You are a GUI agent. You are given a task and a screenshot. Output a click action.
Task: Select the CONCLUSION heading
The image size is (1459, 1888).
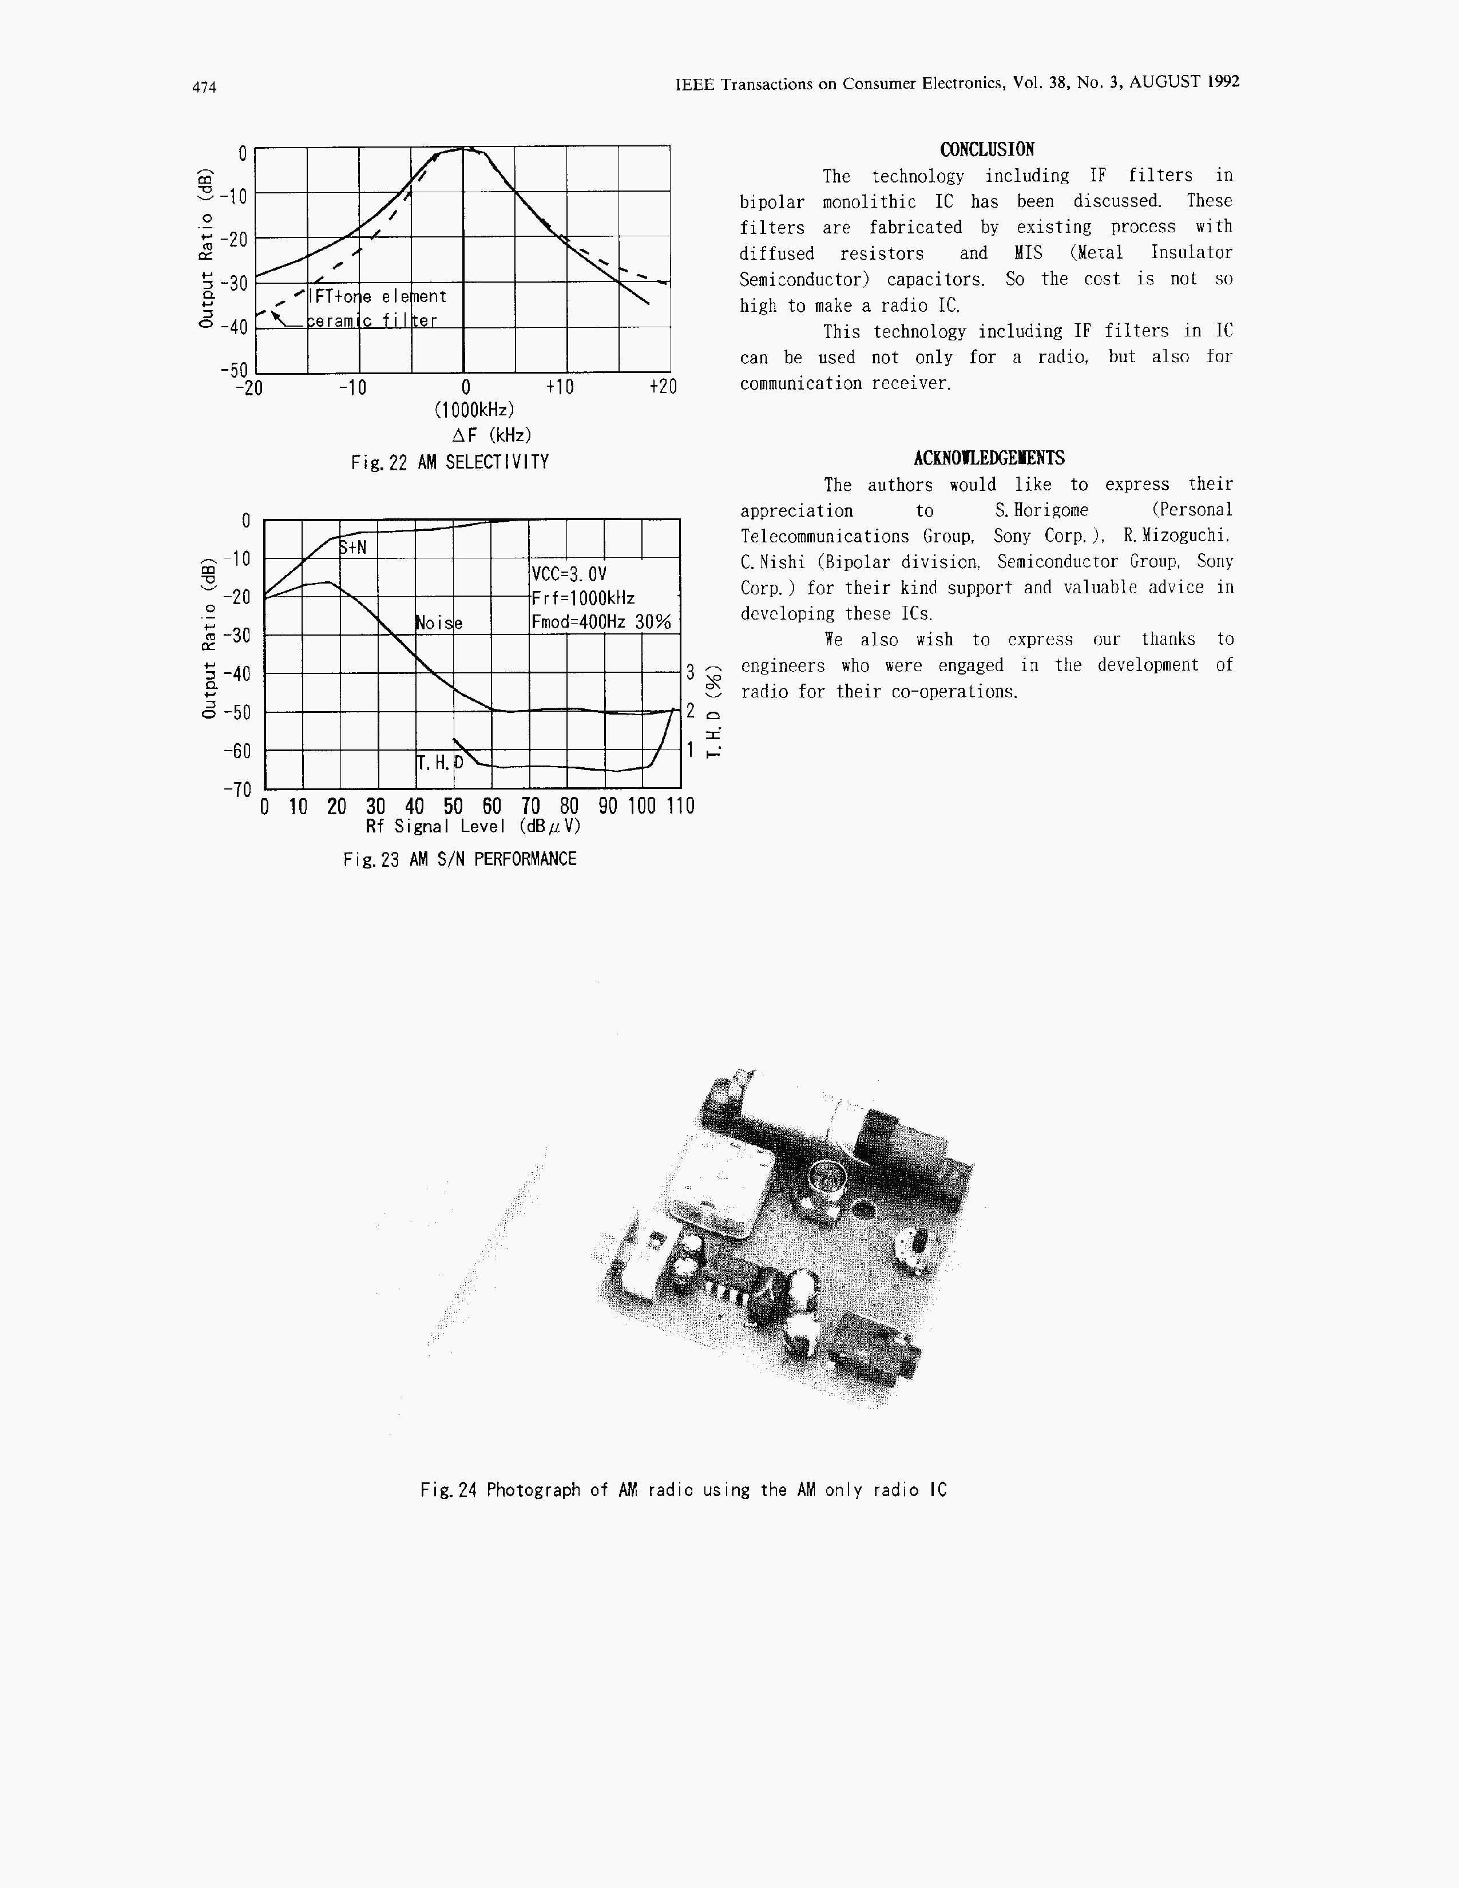coord(986,149)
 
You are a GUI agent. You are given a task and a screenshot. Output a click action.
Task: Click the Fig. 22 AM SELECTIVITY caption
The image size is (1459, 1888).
coord(450,462)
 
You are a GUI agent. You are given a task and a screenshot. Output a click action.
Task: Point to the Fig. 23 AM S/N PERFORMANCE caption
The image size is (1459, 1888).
coord(459,859)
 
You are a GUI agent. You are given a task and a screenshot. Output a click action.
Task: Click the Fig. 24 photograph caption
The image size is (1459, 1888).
coord(683,1490)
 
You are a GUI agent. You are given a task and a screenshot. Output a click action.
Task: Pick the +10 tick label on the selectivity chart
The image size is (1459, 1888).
coord(559,387)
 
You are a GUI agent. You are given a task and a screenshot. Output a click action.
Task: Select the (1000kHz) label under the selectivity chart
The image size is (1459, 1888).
coord(474,409)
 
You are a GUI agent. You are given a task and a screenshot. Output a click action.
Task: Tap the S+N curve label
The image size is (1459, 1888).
coord(352,547)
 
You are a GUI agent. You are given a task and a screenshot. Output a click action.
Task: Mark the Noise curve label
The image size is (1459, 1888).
coord(439,623)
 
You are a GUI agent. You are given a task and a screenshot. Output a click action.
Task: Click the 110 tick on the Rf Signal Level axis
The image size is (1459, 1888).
coord(680,807)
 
